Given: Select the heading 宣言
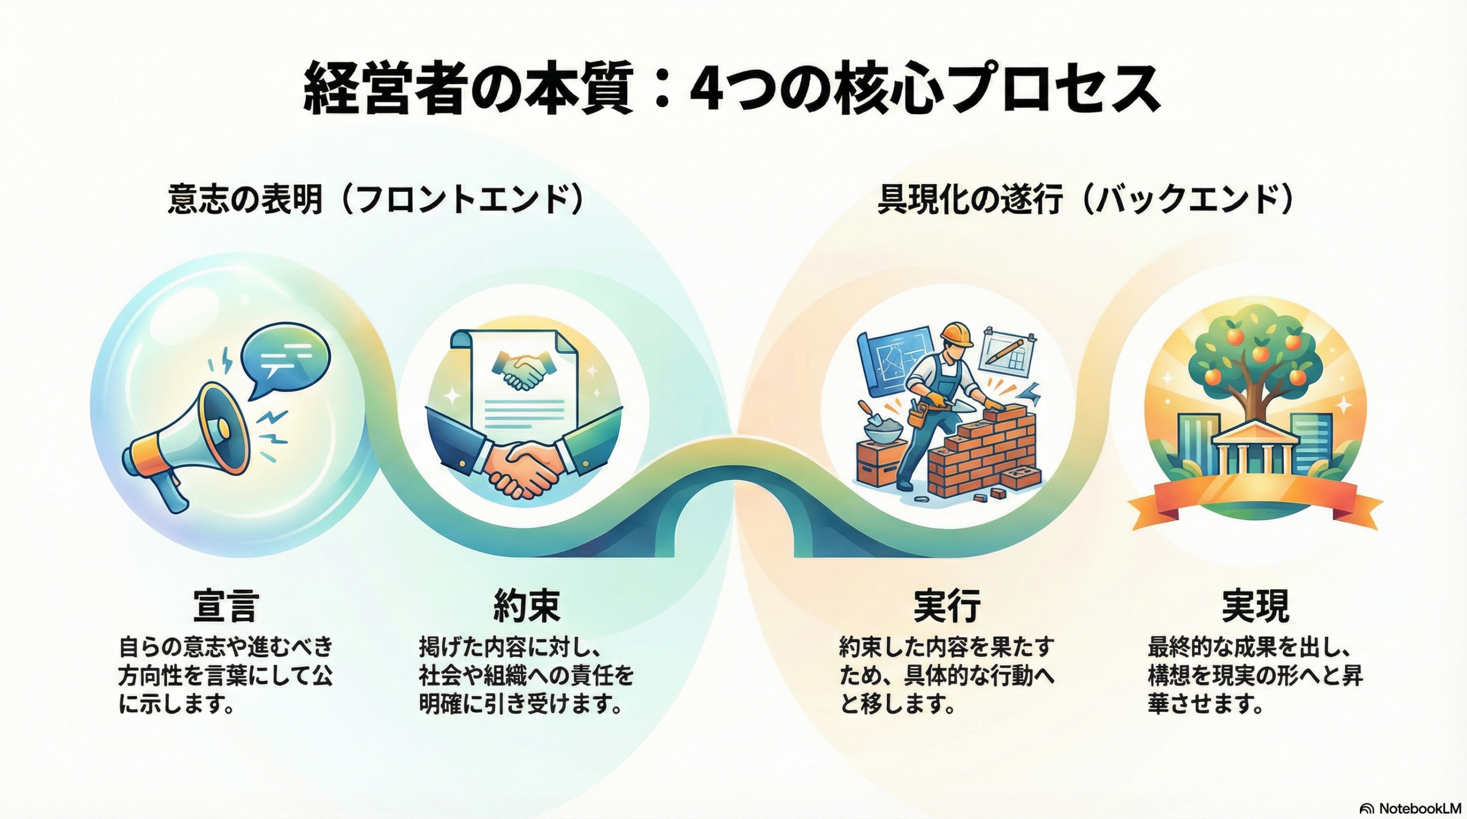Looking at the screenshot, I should [226, 605].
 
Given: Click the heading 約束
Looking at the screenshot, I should [527, 605].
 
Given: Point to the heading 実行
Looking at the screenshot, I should [947, 605].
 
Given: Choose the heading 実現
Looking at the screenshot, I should [1255, 605].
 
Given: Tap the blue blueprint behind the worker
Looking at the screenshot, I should [891, 361].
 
